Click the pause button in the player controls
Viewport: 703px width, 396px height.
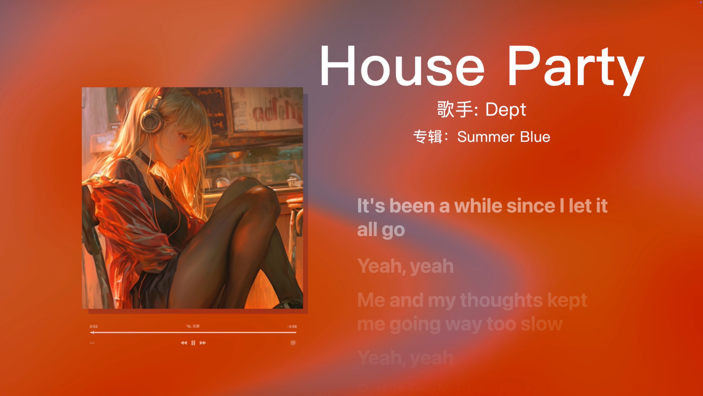pyautogui.click(x=193, y=343)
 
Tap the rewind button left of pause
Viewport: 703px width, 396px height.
pyautogui.click(x=184, y=343)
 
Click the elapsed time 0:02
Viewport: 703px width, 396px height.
pyautogui.click(x=94, y=326)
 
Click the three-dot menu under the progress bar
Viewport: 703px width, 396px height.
pyautogui.click(x=92, y=343)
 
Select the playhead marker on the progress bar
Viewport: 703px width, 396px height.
pyautogui.click(x=93, y=332)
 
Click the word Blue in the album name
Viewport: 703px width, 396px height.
pyautogui.click(x=535, y=137)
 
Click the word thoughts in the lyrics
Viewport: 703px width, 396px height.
pyautogui.click(x=501, y=300)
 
